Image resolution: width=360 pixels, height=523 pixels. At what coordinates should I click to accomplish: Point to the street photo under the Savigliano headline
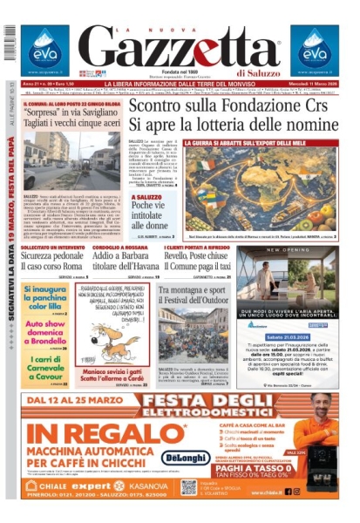click(71, 161)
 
